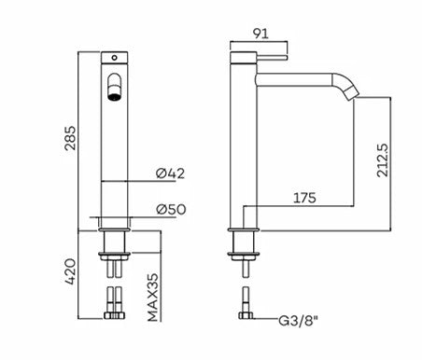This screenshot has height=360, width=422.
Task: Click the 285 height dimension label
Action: [x=70, y=138]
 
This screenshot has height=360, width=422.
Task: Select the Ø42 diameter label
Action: [x=170, y=173]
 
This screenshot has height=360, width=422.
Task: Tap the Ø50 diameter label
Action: [x=171, y=209]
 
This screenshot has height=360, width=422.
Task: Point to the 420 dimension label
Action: [x=70, y=271]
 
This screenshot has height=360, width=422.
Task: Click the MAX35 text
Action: [x=153, y=298]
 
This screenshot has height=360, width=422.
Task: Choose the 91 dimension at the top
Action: [x=260, y=34]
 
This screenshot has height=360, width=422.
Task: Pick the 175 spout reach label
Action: [x=304, y=198]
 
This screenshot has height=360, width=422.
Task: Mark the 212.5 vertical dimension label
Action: [x=383, y=160]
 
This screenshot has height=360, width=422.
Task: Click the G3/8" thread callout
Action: [x=299, y=321]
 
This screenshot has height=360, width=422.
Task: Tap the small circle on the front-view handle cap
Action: [x=114, y=58]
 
